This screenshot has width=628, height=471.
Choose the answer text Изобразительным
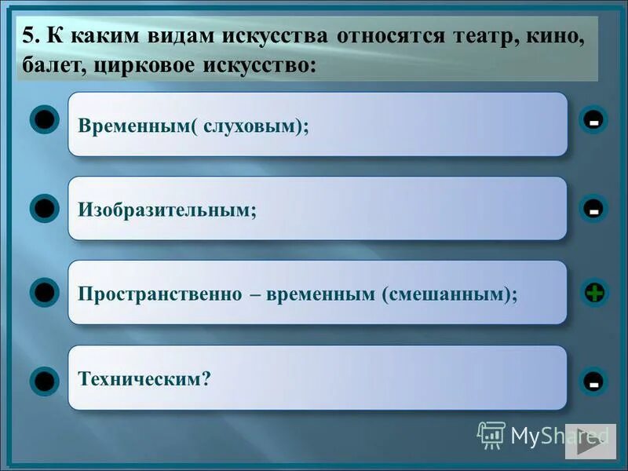167,210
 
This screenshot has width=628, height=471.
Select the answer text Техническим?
145,378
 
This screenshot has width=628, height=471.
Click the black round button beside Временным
45,119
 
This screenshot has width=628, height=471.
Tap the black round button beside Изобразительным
45,208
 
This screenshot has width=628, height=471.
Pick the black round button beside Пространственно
45,293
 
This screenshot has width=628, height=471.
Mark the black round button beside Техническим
45,382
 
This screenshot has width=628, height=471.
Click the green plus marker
594,293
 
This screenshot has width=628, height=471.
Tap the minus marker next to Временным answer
593,121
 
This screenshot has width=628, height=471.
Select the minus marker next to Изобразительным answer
593,209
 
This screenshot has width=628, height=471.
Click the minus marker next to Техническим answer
593,382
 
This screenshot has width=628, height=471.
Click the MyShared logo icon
491,434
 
